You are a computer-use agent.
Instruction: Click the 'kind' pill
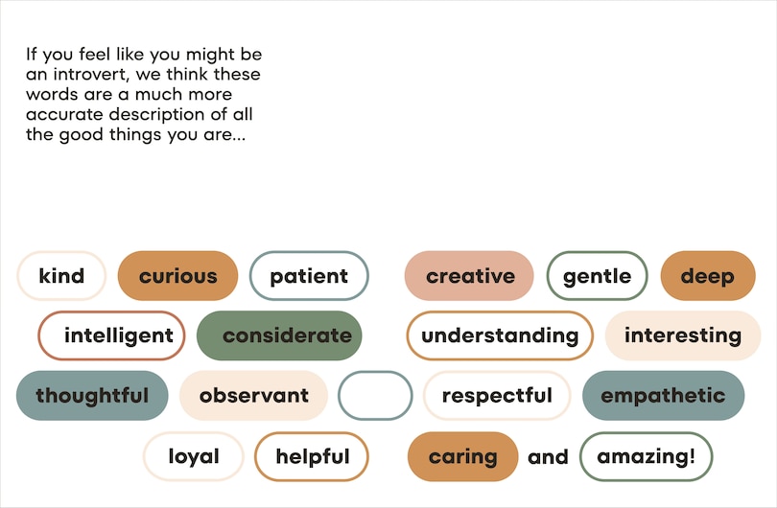click(x=61, y=276)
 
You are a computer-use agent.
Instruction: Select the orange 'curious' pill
click(x=177, y=276)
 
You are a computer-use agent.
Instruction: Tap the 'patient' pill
click(x=309, y=276)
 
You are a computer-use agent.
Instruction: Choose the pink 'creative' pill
click(x=469, y=276)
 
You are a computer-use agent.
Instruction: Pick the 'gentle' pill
click(x=597, y=276)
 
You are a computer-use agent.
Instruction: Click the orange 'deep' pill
click(x=708, y=276)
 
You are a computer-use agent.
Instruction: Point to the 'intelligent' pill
click(x=111, y=335)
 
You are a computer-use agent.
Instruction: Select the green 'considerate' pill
click(x=279, y=335)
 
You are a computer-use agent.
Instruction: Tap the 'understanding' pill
click(x=500, y=335)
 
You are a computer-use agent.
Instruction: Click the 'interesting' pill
click(x=683, y=335)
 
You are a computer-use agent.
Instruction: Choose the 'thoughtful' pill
click(x=92, y=395)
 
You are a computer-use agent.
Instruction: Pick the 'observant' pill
click(x=253, y=395)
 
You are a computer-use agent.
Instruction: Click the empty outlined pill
click(x=375, y=395)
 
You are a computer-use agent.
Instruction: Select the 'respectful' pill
click(x=497, y=395)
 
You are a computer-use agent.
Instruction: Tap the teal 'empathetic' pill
click(x=663, y=395)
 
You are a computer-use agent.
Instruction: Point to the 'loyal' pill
click(x=194, y=456)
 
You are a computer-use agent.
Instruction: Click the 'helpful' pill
click(x=312, y=456)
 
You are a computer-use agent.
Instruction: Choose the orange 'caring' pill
click(x=462, y=456)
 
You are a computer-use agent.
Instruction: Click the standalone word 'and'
click(x=548, y=457)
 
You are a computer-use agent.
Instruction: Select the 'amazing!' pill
click(x=646, y=456)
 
